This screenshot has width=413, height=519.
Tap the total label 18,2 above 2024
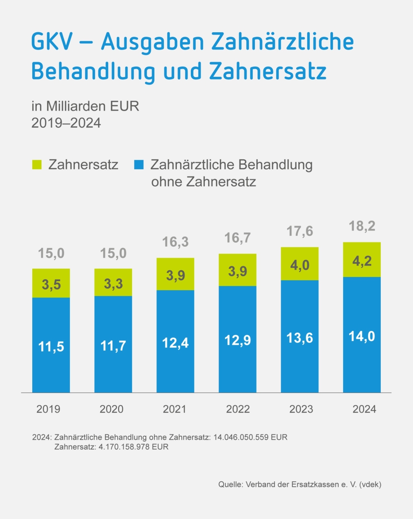[362, 226]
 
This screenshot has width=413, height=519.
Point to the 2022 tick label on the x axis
[238, 409]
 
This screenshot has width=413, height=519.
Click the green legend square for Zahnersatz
[37, 165]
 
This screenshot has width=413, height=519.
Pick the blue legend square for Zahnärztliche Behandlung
[139, 165]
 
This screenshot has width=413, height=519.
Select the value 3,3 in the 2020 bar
[113, 284]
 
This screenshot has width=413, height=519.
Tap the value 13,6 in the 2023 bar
[300, 338]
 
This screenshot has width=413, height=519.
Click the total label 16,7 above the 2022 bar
[237, 238]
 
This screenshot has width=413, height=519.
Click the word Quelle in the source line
[230, 484]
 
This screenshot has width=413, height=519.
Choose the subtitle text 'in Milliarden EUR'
[85, 106]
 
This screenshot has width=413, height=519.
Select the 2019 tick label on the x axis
[48, 409]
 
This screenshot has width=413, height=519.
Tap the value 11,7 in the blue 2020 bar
[113, 346]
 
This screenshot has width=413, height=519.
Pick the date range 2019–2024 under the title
[66, 123]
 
